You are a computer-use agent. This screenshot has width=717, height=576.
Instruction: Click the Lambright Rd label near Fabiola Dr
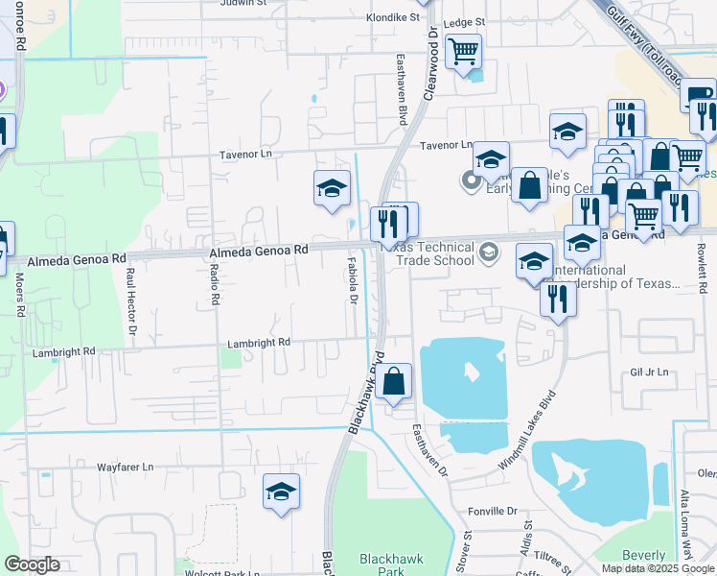(259, 343)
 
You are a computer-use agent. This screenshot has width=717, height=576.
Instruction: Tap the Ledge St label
(465, 21)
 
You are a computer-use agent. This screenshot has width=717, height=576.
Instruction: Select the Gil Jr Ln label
(648, 372)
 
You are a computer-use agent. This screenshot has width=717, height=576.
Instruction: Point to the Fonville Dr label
(493, 512)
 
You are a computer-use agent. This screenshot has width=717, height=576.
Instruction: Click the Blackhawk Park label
(383, 564)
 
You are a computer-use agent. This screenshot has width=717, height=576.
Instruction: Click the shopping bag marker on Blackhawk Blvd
(394, 382)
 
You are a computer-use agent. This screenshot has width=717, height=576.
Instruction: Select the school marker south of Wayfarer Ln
(281, 492)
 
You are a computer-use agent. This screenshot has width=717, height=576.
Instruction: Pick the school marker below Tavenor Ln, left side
(332, 189)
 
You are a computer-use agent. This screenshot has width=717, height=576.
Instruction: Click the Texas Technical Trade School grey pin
(489, 252)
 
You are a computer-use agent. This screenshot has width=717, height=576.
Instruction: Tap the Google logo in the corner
(32, 564)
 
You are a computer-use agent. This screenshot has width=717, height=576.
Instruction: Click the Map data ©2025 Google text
(657, 568)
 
